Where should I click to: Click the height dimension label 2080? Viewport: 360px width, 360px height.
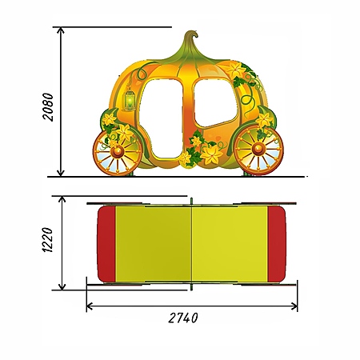(x=48, y=107)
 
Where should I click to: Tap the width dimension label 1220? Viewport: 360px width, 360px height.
(x=48, y=240)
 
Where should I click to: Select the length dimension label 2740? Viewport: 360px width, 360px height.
(x=183, y=318)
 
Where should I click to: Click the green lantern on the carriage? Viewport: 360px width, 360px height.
(x=130, y=99)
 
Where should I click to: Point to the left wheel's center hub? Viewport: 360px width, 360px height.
(x=117, y=152)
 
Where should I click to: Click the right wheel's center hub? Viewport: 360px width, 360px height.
(x=258, y=149)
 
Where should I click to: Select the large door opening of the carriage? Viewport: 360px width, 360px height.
(x=161, y=118)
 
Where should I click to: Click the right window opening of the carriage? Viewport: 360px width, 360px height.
(x=215, y=103)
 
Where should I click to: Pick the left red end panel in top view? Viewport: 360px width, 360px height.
(x=106, y=244)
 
